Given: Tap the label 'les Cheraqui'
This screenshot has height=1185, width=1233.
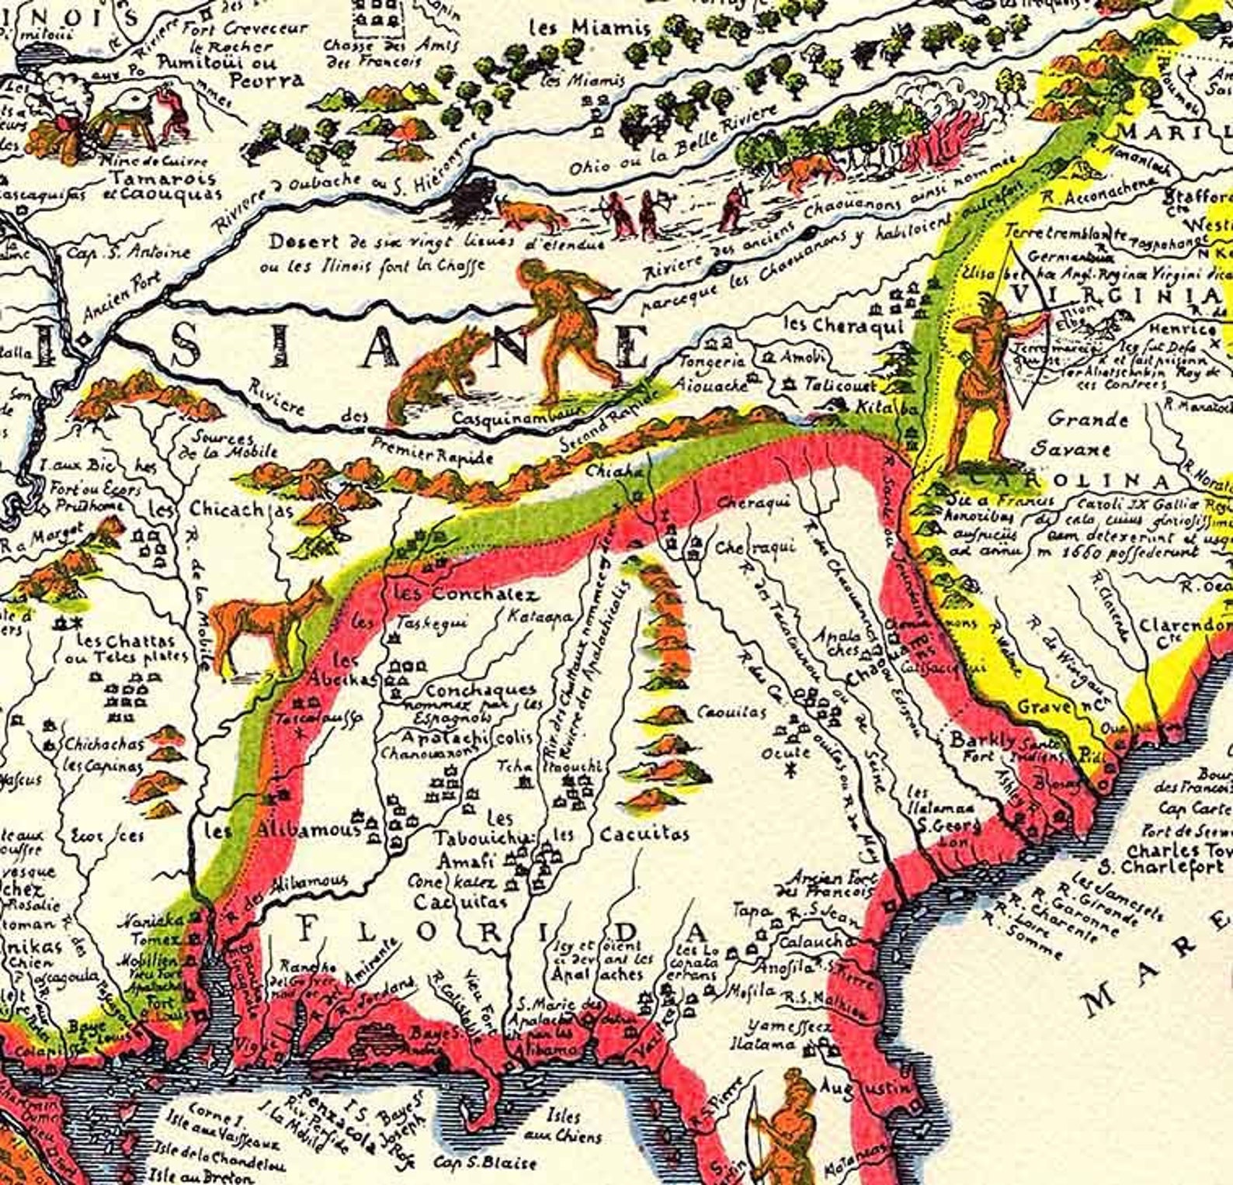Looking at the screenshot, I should [x=843, y=327].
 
